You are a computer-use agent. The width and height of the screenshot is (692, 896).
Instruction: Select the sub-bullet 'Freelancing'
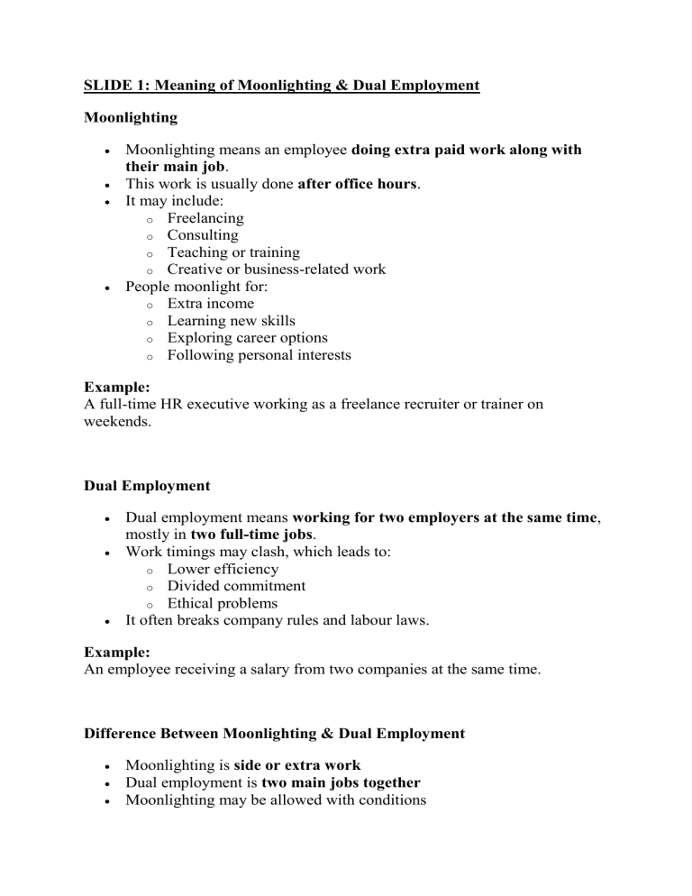point(205,218)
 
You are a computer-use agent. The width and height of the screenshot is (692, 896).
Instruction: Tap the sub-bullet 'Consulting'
point(203,235)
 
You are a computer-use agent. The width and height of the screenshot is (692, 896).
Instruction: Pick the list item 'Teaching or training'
point(233,252)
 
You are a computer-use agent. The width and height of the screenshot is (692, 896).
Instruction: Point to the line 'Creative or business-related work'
point(276,270)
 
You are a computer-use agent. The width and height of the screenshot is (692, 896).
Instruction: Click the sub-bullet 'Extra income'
point(210,304)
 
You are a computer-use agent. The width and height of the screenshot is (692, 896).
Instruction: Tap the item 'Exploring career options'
point(248,338)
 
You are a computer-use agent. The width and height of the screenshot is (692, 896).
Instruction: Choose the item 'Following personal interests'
point(259,355)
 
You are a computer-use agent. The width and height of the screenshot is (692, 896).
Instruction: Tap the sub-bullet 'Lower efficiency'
point(223,569)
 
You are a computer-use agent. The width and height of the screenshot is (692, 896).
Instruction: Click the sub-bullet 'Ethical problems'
point(222,603)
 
